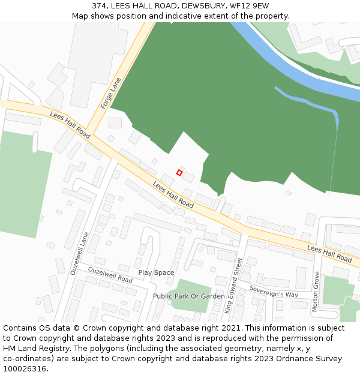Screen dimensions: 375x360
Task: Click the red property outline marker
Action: coord(179,173)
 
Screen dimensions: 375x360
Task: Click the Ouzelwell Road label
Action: coord(110,275)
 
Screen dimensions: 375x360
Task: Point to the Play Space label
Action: coord(156,273)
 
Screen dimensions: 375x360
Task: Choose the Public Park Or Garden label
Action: coord(188,296)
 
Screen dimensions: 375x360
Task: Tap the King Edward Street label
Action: coord(233,286)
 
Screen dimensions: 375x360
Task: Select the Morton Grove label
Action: coord(316,291)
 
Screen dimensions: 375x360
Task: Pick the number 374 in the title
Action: coord(100,5)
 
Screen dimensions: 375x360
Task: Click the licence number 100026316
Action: coord(25,369)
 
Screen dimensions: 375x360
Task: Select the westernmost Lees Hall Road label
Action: coord(70,125)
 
